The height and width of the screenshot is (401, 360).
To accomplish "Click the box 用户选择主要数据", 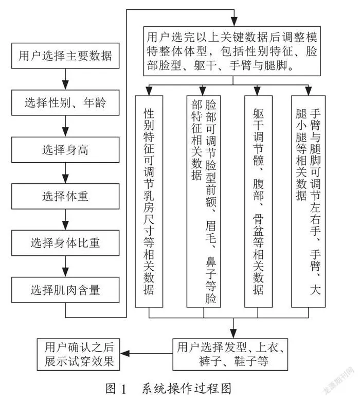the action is [65, 56].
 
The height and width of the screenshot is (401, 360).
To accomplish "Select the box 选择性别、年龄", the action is [65, 102].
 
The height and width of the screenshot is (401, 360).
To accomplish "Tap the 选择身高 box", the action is [65, 150].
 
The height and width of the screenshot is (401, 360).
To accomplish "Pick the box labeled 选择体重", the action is [65, 196].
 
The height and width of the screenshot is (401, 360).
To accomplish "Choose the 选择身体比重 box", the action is [65, 243].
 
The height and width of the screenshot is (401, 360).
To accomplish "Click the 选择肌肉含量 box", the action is [65, 290].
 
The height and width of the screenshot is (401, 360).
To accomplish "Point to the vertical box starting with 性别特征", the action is [149, 201].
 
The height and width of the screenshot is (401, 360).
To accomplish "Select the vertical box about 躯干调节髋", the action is [258, 201].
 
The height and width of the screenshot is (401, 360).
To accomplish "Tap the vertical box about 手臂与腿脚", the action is [309, 201].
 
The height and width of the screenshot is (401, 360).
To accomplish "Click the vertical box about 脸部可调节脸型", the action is [204, 201].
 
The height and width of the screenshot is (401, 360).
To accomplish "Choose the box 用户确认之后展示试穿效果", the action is [79, 355].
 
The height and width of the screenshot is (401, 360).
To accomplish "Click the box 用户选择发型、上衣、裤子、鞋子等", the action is [230, 355].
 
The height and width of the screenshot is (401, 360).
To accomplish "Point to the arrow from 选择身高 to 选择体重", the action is [65, 173].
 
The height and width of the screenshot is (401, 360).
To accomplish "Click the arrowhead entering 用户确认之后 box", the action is [124, 354].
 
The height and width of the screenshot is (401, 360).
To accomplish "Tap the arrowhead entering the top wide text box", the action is [234, 22].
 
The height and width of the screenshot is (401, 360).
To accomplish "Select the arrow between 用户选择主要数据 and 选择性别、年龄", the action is [65, 79].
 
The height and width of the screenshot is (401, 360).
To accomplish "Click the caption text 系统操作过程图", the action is [187, 389].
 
